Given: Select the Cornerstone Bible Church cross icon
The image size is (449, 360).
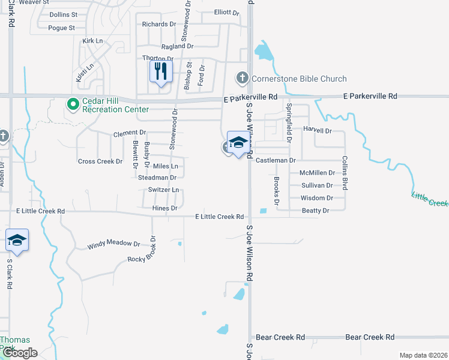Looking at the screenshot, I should (x=242, y=78).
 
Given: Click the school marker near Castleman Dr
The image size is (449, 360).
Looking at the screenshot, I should (x=238, y=143).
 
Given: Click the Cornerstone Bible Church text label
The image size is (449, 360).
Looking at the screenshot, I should (x=299, y=79).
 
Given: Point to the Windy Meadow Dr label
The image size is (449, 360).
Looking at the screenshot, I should (x=113, y=245).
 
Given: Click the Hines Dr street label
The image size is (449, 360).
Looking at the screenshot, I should (x=165, y=208).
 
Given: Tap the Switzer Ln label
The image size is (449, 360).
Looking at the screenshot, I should (x=163, y=190).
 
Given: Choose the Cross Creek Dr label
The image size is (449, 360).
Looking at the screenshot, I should (x=100, y=161).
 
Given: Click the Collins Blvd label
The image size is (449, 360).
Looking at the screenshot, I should (x=345, y=173).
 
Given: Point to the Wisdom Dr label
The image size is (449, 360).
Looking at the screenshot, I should (x=317, y=198).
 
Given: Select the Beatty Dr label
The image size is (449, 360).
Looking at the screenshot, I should (x=316, y=211).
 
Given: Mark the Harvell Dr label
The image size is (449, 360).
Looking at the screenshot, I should (x=318, y=130).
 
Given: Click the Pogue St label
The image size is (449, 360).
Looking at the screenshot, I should (x=62, y=28).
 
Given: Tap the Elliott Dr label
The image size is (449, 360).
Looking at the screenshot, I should (x=226, y=12).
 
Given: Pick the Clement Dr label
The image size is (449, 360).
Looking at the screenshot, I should (x=130, y=133).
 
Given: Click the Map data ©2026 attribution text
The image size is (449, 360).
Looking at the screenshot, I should (x=423, y=355).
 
